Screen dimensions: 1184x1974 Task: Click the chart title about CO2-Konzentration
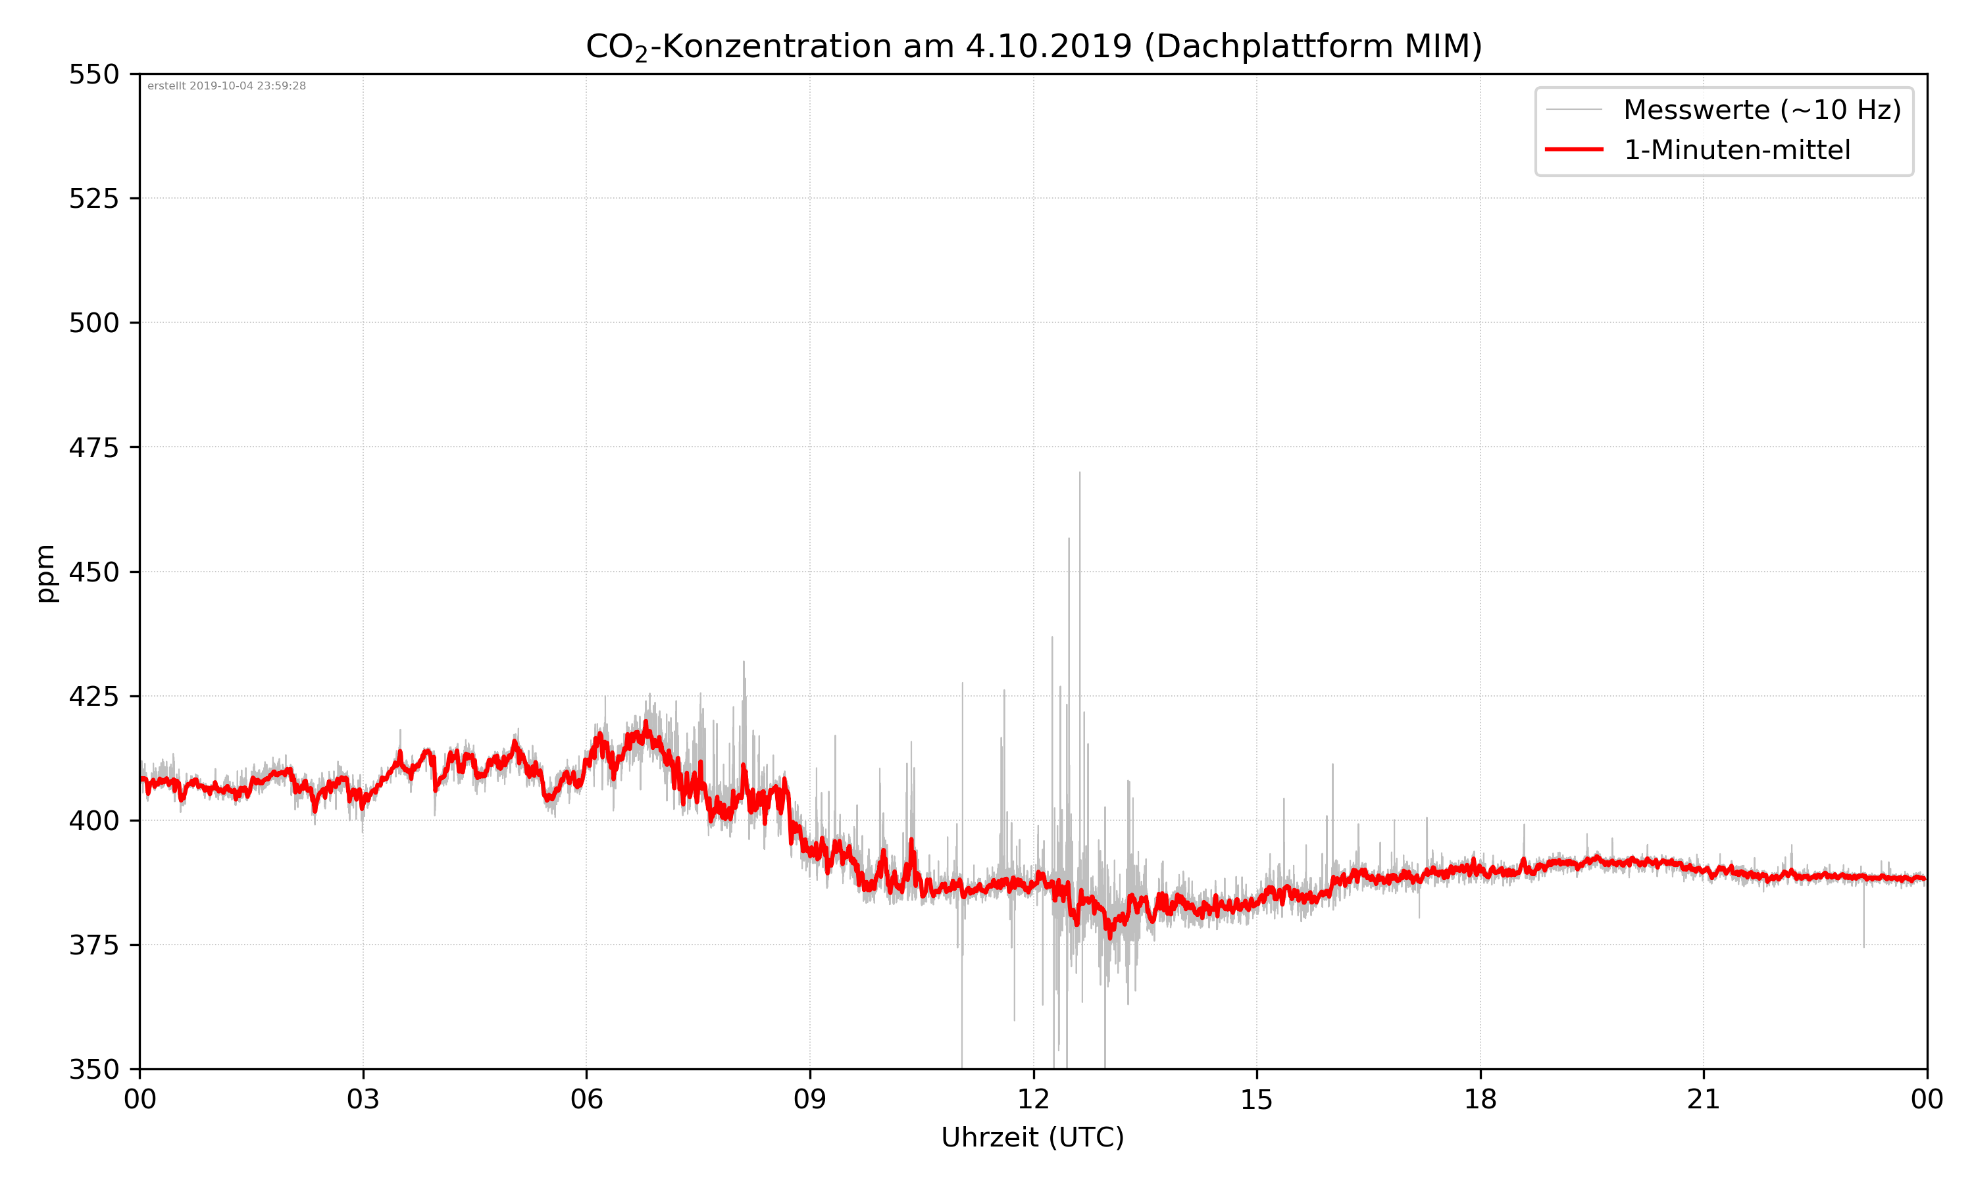coord(1033,46)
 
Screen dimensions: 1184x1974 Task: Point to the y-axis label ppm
coord(45,573)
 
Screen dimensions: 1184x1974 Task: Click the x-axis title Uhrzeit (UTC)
coord(1032,1137)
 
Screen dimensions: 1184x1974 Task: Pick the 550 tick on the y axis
coord(93,74)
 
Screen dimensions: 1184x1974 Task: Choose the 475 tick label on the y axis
coord(93,447)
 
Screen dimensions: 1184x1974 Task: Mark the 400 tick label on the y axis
coord(93,820)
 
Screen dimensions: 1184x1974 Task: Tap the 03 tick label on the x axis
coord(363,1099)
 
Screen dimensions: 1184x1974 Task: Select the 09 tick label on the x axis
coord(810,1099)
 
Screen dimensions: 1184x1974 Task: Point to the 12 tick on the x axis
coord(1033,1099)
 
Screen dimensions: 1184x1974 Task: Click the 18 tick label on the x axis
coord(1480,1099)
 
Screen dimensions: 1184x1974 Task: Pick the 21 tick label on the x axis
coord(1704,1099)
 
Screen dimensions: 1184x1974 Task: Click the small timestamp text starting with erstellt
coord(226,86)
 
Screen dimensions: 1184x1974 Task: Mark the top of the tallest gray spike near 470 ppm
coord(1080,473)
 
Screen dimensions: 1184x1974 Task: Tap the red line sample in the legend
coord(1573,149)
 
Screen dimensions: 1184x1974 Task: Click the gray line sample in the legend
coord(1573,109)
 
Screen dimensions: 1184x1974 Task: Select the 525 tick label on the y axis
coord(93,199)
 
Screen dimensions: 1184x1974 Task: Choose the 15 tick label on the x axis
coord(1257,1099)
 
